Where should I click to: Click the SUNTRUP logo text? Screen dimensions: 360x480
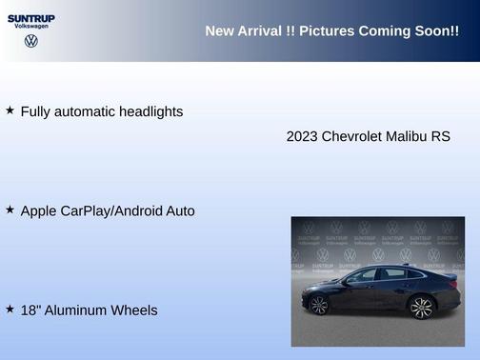pos(31,17)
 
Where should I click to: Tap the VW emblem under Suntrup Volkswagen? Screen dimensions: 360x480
pos(31,41)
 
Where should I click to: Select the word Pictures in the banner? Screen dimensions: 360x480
pos(327,31)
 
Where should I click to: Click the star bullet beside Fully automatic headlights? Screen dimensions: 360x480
pos(10,110)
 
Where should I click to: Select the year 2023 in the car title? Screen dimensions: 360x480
pos(302,136)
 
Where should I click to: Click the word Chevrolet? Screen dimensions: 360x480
pos(351,136)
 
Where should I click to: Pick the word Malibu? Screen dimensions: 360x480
pos(407,136)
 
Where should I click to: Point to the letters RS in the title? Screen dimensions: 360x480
pos(440,136)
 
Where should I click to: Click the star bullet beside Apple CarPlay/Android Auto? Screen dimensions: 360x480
pos(10,209)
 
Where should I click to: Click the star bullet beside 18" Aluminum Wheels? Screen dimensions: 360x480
pos(10,309)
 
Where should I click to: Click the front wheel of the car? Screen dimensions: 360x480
pos(319,305)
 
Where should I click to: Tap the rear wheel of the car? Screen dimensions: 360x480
pos(421,306)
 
